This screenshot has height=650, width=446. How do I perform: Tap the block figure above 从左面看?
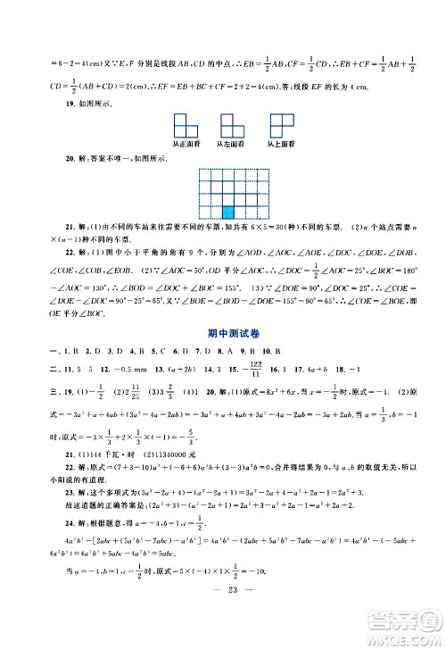point(228,125)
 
